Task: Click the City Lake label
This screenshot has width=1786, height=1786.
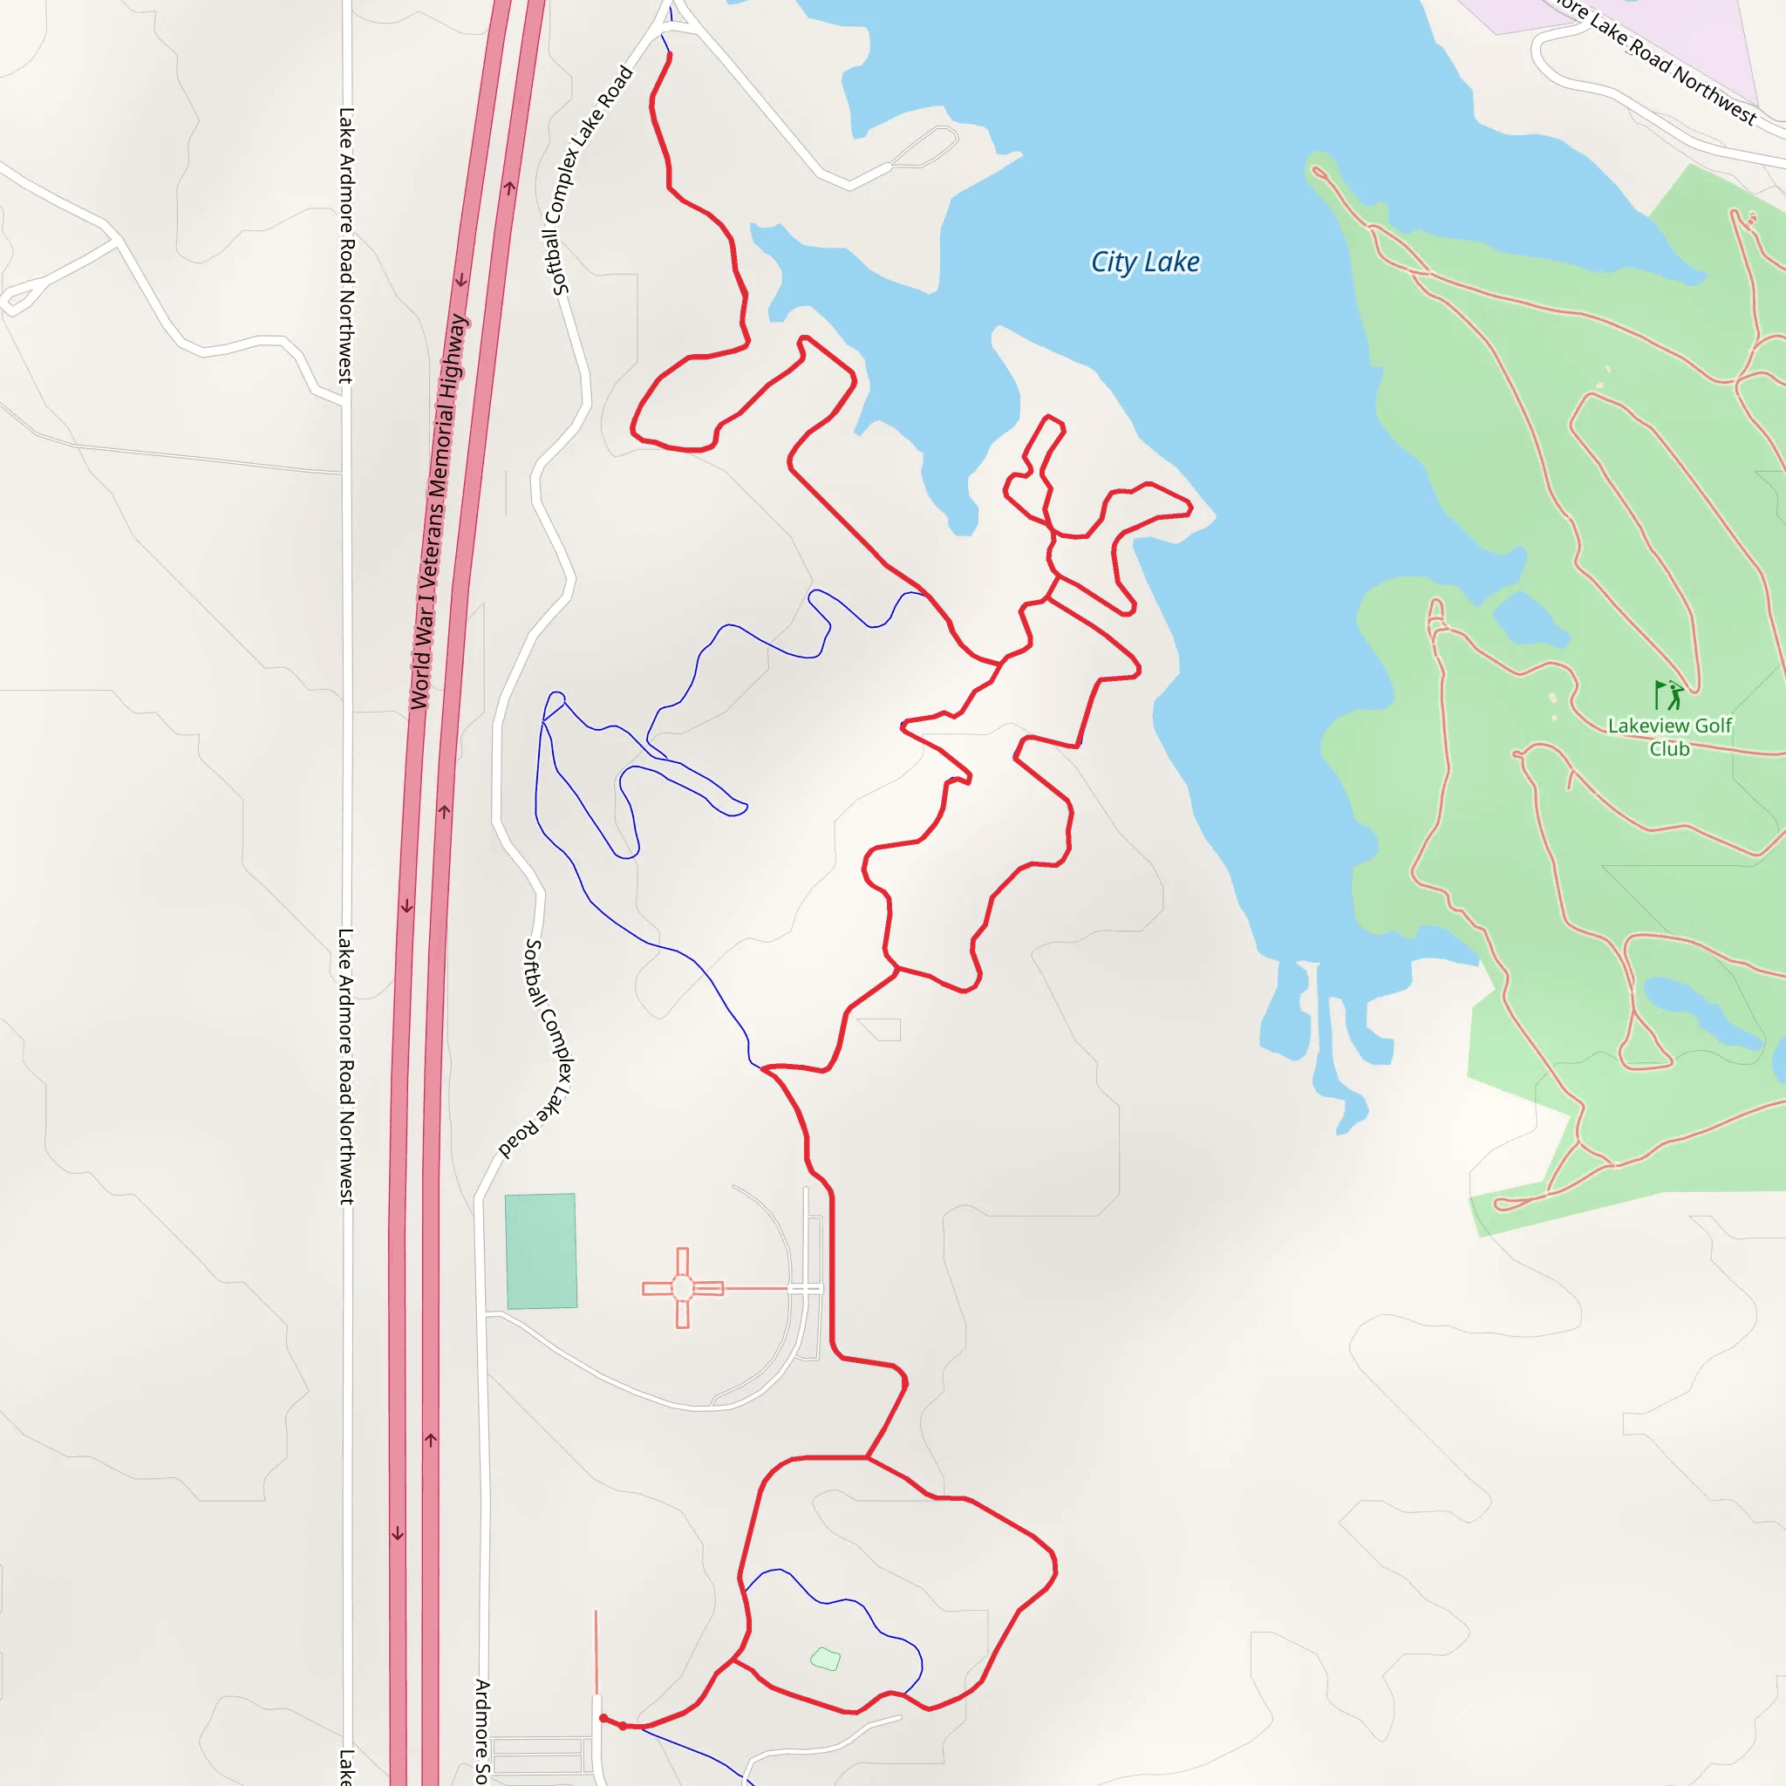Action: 1144,262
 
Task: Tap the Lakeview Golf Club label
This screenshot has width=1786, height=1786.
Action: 1669,737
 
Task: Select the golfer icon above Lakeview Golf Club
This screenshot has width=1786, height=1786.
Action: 1668,694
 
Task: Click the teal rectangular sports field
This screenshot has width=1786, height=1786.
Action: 541,1251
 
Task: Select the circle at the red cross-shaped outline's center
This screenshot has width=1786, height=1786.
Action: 682,1288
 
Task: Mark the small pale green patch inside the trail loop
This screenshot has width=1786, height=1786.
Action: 826,1660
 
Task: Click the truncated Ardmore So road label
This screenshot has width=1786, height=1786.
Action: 481,1728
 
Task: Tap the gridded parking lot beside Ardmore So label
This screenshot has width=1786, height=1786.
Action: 542,1754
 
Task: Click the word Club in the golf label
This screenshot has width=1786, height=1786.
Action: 1669,749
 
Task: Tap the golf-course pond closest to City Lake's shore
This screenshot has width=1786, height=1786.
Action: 1530,619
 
